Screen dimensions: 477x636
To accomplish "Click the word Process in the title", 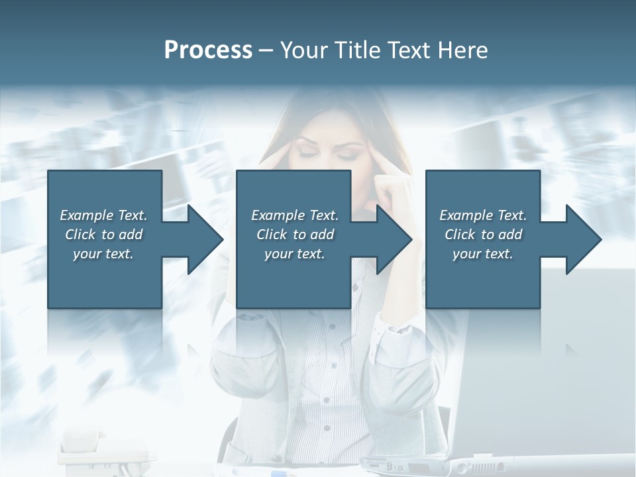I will point(208,50).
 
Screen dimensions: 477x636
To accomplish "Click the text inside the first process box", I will point(103,235).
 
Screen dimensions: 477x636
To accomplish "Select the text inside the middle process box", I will point(294,235).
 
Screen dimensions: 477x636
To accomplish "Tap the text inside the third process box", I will point(483,235).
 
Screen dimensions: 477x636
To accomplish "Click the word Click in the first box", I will point(79,235).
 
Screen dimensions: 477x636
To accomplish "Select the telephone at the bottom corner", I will point(99,450).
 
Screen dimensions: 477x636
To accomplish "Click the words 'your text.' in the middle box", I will point(294,254).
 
